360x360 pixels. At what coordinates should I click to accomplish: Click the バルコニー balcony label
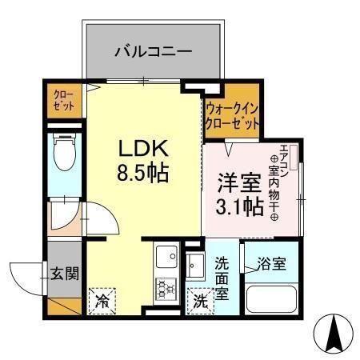coord(153,51)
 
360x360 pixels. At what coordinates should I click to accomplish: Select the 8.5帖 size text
coord(144,172)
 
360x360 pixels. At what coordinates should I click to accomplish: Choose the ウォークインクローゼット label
coord(232,117)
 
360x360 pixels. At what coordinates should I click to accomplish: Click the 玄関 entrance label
coord(66,273)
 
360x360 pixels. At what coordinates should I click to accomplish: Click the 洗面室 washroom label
coord(222,276)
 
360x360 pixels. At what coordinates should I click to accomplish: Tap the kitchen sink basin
coord(166,255)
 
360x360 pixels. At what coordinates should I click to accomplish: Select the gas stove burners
coord(166,286)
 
